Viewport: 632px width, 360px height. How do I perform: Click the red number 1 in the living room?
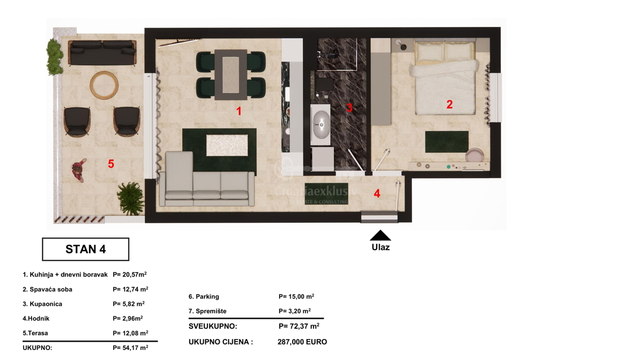(239, 111)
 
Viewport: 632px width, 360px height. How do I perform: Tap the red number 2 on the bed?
(449, 105)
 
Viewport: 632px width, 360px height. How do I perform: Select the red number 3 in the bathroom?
(349, 108)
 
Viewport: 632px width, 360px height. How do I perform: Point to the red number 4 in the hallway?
(377, 193)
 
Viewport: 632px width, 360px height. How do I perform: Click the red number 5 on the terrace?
(111, 164)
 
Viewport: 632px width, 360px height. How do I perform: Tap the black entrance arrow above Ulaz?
(380, 235)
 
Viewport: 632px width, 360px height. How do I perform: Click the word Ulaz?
(381, 247)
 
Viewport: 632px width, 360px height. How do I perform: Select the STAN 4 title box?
(85, 249)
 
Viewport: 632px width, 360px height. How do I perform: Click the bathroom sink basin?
(321, 124)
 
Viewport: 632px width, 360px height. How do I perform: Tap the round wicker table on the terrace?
(104, 85)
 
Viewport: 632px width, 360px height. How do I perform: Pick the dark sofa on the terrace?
(102, 53)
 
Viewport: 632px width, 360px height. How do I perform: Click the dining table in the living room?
(231, 75)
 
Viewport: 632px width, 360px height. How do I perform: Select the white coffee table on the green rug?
(227, 145)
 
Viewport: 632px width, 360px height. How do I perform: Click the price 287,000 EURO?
(302, 342)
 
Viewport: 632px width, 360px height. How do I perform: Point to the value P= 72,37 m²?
(299, 326)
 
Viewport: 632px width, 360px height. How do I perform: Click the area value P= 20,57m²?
(130, 274)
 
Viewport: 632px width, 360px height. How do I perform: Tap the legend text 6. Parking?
(204, 296)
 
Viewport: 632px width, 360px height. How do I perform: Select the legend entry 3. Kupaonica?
(42, 304)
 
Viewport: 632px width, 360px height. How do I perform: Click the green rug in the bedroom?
(447, 142)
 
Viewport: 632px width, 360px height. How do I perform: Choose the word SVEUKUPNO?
(213, 326)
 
